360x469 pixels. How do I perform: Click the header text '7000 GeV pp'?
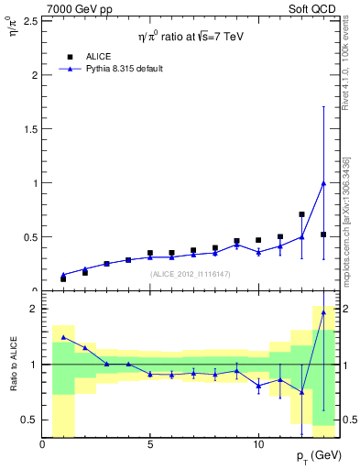click(72, 7)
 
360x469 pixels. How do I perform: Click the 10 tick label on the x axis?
click(258, 446)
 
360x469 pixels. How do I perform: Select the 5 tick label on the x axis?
click(150, 446)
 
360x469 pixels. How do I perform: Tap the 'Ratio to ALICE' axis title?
click(13, 366)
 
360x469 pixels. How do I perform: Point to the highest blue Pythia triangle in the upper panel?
click(323, 182)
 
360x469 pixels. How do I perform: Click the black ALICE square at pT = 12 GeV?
click(301, 214)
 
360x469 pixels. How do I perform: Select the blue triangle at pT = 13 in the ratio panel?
click(323, 312)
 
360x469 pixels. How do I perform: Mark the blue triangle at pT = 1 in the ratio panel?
click(63, 337)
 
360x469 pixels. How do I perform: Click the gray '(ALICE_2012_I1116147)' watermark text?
click(191, 274)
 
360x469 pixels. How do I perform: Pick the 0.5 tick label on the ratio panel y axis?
click(31, 420)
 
